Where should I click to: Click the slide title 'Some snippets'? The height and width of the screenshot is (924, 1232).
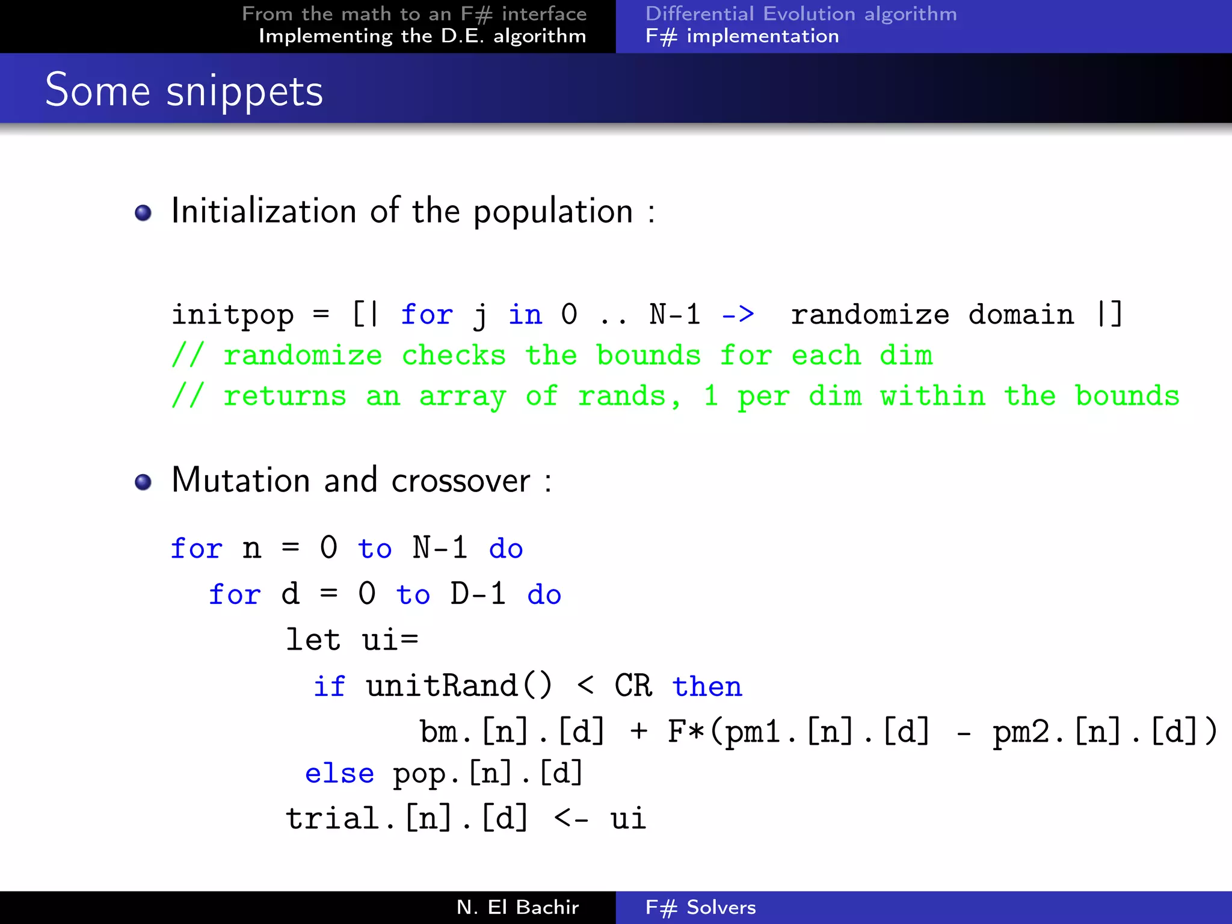[x=184, y=90]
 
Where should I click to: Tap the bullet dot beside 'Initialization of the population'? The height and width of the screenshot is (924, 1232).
[x=143, y=213]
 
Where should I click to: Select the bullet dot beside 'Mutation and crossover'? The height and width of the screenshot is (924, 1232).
[x=143, y=482]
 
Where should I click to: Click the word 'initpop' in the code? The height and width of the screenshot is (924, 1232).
[x=233, y=315]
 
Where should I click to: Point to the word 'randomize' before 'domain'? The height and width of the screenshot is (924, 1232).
[x=870, y=315]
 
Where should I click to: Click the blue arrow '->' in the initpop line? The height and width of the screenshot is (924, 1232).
[x=738, y=314]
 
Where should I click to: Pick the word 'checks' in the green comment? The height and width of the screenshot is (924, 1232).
[x=454, y=356]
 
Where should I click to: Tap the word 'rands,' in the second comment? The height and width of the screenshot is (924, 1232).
[x=629, y=396]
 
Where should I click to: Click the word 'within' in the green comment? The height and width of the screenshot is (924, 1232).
[x=932, y=396]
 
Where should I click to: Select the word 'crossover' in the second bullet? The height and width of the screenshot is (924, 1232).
[x=461, y=481]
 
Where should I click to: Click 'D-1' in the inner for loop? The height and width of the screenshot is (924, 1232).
[x=478, y=594]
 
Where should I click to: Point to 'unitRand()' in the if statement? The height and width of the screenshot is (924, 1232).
[x=459, y=686]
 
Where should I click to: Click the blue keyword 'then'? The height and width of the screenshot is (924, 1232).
[x=707, y=686]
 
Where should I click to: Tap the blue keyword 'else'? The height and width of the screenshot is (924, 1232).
[x=339, y=774]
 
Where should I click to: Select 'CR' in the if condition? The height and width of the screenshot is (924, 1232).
[x=633, y=686]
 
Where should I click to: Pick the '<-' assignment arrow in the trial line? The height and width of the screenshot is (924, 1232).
[x=571, y=819]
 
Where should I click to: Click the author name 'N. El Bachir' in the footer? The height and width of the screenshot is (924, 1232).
[x=517, y=907]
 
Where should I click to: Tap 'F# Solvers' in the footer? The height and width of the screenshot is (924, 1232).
[x=700, y=907]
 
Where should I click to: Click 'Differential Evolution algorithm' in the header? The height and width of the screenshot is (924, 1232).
[x=801, y=14]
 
